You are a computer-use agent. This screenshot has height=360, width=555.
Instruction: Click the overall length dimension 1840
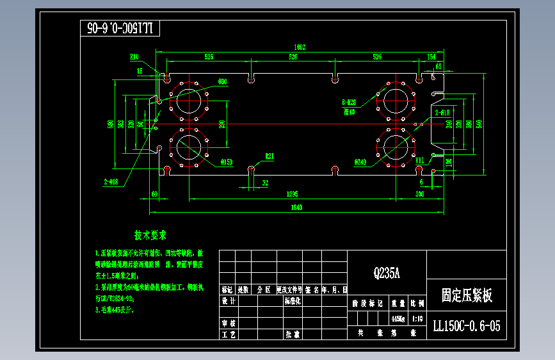click(296, 207)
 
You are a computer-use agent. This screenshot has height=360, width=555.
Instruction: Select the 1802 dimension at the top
click(299, 47)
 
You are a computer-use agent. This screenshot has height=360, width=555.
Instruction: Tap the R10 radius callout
click(134, 56)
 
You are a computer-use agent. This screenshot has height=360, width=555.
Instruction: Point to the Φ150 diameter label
click(227, 162)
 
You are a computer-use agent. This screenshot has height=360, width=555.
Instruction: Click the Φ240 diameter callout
click(360, 162)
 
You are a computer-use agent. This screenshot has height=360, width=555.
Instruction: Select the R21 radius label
click(270, 156)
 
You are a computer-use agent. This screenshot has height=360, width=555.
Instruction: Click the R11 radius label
click(420, 160)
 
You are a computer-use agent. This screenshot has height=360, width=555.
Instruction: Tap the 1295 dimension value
click(292, 193)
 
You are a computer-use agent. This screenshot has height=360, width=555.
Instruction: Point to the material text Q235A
click(387, 274)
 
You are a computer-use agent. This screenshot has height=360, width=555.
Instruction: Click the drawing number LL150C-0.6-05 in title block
click(466, 326)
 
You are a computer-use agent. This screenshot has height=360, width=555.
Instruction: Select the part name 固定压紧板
click(467, 295)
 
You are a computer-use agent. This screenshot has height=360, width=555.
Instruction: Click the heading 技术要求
click(150, 235)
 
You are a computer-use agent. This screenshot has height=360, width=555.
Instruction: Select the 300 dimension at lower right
click(420, 193)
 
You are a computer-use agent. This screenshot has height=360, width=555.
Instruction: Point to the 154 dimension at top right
click(431, 56)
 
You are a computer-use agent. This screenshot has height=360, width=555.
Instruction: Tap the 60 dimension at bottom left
click(154, 193)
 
